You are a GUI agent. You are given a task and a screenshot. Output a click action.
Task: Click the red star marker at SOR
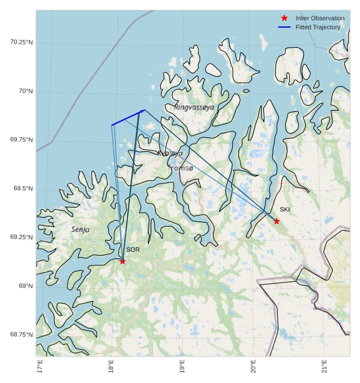click(123, 261)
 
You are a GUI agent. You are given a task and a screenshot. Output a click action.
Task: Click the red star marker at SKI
click(276, 221)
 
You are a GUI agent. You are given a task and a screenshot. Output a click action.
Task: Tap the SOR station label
click(133, 250)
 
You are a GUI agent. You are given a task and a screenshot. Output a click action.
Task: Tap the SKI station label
click(285, 210)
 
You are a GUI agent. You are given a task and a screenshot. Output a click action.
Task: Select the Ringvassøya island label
click(194, 107)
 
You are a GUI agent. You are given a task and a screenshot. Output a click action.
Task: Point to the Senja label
click(80, 229)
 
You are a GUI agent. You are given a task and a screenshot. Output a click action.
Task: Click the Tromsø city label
click(181, 168)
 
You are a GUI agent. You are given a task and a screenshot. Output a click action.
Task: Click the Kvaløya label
click(170, 153)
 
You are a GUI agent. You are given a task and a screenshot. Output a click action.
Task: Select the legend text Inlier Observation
click(319, 18)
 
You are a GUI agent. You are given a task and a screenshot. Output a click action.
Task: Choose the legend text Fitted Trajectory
click(318, 27)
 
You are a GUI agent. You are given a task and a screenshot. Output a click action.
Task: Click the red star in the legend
click(284, 18)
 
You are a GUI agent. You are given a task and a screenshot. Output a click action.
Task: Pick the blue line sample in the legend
click(284, 27)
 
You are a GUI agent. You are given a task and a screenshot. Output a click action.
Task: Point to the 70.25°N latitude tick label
click(21, 42)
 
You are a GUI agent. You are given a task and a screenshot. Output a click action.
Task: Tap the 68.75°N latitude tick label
click(21, 335)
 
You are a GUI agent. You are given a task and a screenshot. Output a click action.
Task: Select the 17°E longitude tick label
click(39, 366)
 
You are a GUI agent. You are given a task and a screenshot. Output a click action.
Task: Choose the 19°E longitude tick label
click(182, 366)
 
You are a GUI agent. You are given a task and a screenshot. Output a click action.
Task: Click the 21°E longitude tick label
click(324, 366)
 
